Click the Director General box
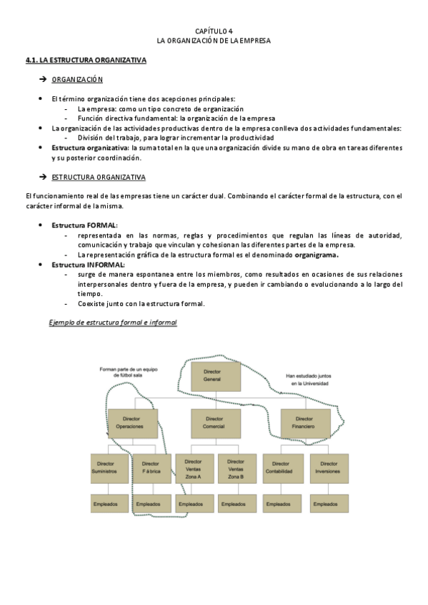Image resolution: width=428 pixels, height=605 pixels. (x=211, y=376)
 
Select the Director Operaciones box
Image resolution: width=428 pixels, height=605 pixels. (x=132, y=422)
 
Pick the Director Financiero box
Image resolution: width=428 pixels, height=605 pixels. (x=304, y=422)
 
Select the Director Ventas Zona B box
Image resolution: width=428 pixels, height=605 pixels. (x=237, y=468)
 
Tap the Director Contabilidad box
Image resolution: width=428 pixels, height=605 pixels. (x=284, y=468)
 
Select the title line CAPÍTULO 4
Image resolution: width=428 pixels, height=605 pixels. (x=214, y=31)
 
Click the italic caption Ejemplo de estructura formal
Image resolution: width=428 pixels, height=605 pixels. (x=112, y=322)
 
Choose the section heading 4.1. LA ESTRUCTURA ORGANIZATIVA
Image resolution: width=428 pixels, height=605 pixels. (x=86, y=61)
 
